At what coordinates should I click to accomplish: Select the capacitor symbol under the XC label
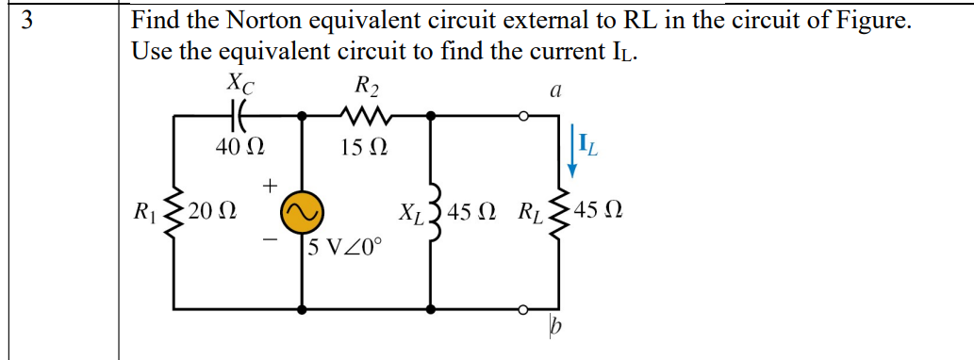[237, 117]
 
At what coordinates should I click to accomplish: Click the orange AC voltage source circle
[303, 212]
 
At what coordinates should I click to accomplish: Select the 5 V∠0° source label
[344, 248]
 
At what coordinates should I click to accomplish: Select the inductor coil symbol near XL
[433, 212]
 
